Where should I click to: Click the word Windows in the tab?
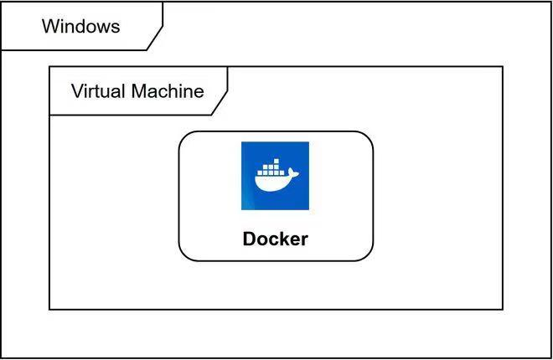[x=80, y=26]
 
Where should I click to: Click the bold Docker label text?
[x=275, y=239]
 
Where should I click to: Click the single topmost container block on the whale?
[x=275, y=159]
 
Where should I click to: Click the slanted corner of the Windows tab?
[x=155, y=39]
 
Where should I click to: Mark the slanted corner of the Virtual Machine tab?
[x=220, y=103]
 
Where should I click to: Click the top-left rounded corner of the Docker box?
[x=185, y=138]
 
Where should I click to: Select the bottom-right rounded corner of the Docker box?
[x=367, y=254]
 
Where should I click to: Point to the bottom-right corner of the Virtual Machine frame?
[x=503, y=309]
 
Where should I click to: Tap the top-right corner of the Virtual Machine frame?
[x=503, y=66]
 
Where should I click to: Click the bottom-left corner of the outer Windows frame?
[x=2, y=357]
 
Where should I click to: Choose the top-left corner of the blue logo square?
[x=242, y=142]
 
